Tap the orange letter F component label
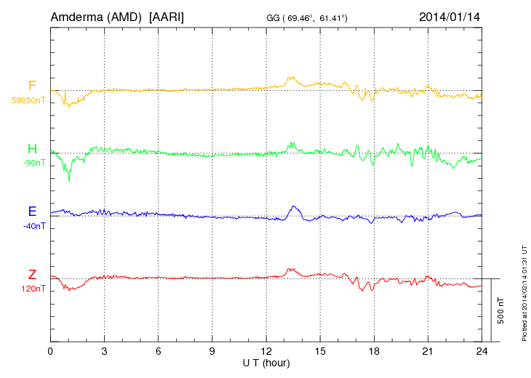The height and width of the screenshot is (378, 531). (32, 87)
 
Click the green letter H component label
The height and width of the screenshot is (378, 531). (32, 149)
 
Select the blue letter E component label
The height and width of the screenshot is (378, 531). (32, 212)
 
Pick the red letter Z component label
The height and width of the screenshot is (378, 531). (32, 274)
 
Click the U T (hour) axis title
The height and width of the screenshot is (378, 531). (266, 362)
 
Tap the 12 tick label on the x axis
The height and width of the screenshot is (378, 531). (266, 350)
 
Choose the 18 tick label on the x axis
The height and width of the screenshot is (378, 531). (374, 350)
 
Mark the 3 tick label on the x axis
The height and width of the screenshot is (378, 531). (105, 350)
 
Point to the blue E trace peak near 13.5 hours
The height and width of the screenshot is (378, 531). (293, 206)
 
